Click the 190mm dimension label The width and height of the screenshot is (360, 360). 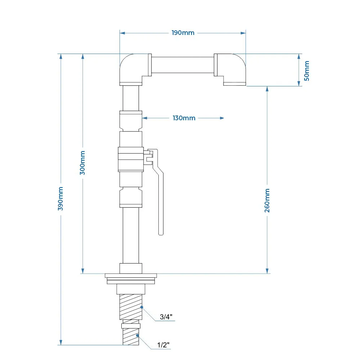click(183, 33)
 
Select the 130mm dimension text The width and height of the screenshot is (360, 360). click(184, 118)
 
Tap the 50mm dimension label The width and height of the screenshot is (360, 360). click(307, 71)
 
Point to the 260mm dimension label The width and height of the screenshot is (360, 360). click(267, 201)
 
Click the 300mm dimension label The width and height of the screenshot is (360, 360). click(82, 163)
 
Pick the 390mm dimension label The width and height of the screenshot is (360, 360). click(60, 199)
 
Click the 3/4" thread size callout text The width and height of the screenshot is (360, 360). click(166, 317)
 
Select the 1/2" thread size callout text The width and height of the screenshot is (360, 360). click(163, 345)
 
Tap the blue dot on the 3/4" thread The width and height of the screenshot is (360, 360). click(142, 307)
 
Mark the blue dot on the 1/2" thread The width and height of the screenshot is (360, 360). click(137, 336)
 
